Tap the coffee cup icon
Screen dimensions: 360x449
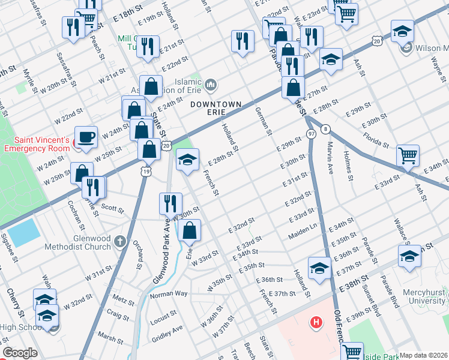86,137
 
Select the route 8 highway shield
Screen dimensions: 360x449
325,128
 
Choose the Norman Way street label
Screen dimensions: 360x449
169,295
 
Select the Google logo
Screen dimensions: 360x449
19,353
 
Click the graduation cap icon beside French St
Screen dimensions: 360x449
187,160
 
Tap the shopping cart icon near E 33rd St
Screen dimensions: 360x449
408,155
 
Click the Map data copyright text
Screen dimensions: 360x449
424,355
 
